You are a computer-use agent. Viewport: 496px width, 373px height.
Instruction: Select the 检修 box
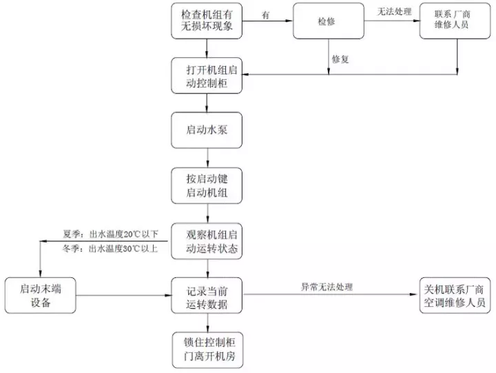[x=328, y=21]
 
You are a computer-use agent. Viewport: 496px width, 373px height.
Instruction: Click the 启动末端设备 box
[x=41, y=295]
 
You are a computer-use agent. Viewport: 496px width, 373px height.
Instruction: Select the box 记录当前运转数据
[x=207, y=295]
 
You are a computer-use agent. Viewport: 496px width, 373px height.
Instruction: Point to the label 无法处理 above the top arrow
[x=395, y=12]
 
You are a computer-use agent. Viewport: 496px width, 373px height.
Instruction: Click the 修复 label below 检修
[x=341, y=59]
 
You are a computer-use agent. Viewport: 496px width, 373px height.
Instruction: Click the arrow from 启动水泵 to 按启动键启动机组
[x=207, y=157]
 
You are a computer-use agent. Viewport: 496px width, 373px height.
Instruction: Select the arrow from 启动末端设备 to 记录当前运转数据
[x=126, y=296]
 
